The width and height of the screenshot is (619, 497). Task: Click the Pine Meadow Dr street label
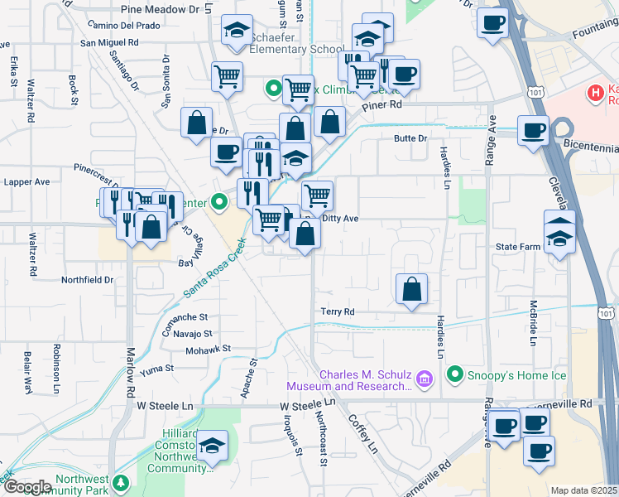(x=161, y=9)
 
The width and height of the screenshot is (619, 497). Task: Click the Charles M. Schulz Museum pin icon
(x=425, y=379)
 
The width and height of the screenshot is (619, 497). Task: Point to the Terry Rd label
(x=338, y=311)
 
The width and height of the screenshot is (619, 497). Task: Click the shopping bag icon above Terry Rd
(x=411, y=290)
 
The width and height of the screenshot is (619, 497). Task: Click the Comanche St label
(x=185, y=316)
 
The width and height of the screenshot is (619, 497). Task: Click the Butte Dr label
(x=410, y=138)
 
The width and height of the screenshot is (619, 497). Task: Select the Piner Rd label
(x=381, y=105)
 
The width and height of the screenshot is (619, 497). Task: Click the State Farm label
(x=517, y=247)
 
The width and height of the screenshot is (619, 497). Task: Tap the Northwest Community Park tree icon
(x=122, y=482)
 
